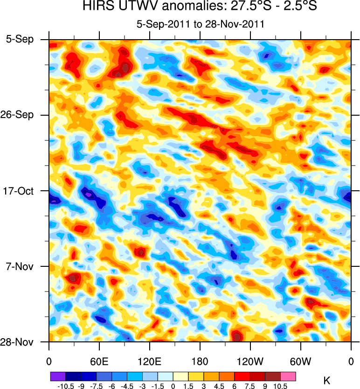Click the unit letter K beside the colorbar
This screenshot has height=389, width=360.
(326, 382)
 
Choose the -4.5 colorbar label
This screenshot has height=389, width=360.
(126, 386)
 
